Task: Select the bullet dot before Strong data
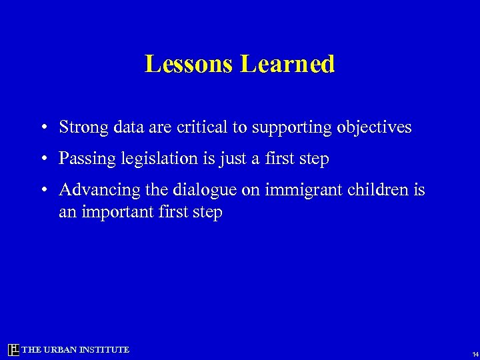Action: coord(42,127)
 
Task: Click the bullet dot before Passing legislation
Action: coord(42,159)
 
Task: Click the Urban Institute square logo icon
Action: coord(13,350)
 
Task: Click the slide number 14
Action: coord(474,354)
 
